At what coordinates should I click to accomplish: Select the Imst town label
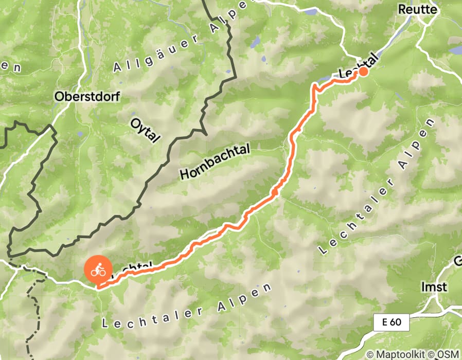[433, 286]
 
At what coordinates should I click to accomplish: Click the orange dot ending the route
[363, 71]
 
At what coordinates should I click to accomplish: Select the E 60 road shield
[391, 323]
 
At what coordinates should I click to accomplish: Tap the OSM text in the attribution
[449, 354]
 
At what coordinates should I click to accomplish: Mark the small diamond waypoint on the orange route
[275, 192]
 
